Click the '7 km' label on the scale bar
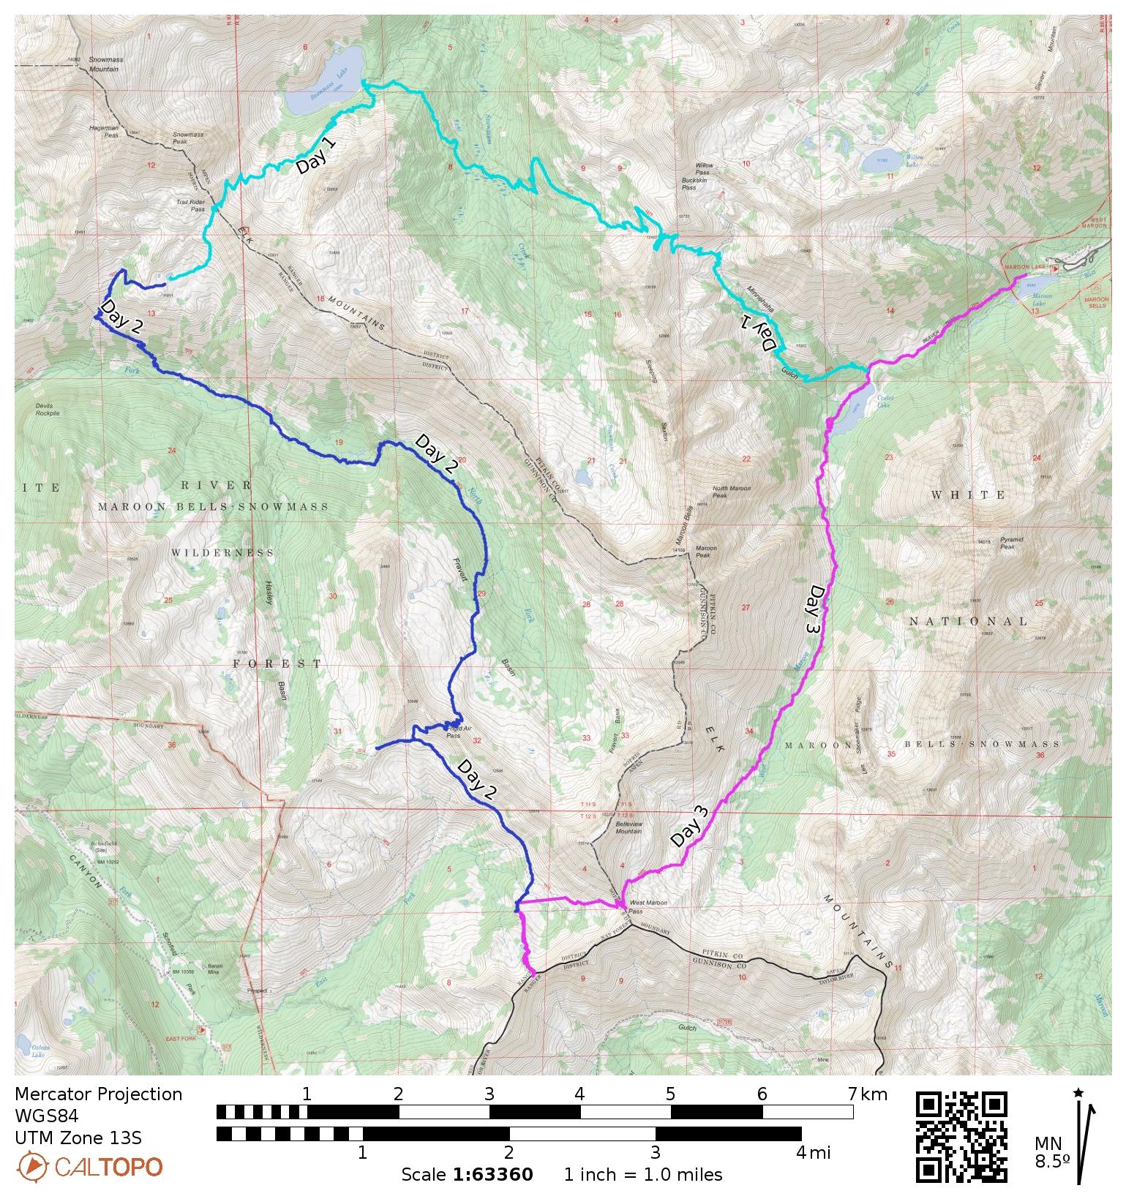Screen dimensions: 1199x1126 click(868, 1094)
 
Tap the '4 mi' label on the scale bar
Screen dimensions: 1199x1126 click(813, 1153)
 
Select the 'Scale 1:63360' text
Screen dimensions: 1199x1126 click(467, 1175)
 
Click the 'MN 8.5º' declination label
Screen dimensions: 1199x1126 click(1051, 1152)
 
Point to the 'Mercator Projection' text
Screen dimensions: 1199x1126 click(98, 1094)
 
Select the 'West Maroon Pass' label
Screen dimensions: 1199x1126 click(647, 907)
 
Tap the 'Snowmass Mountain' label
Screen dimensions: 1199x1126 click(103, 64)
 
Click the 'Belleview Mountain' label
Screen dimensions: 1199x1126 click(628, 827)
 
